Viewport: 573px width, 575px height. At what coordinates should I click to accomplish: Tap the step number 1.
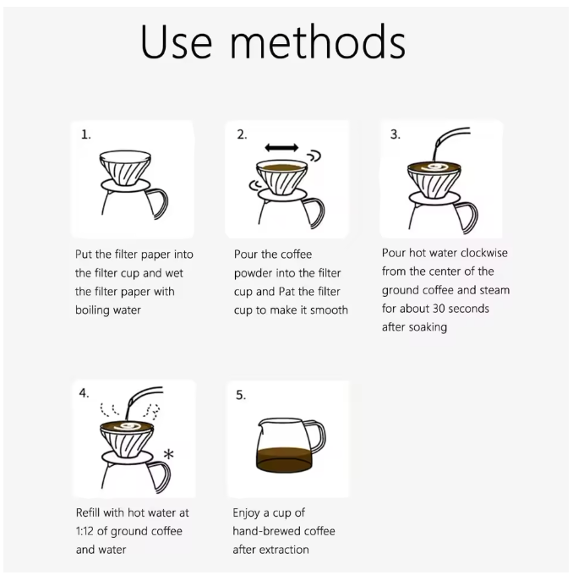coord(85,134)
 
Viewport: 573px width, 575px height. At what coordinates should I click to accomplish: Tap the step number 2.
coord(242,134)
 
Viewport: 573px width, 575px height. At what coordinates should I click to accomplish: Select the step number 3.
coord(395,134)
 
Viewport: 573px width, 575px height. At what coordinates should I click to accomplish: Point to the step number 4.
coord(85,392)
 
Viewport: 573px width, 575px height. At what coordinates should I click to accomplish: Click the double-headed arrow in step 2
coord(281,148)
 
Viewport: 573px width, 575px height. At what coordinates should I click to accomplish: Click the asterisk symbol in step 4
coord(167,454)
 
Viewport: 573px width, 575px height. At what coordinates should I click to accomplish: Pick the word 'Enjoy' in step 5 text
coord(248,512)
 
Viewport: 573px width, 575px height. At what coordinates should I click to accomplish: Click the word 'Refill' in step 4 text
coord(89,512)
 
